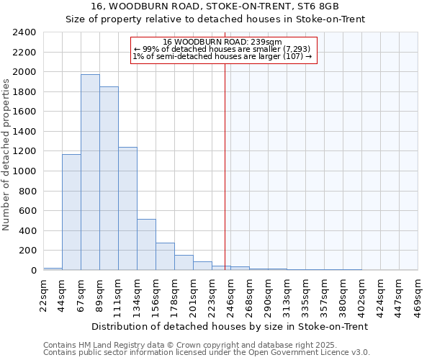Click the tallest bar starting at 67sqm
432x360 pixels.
click(90, 173)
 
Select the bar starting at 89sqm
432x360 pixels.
click(109, 179)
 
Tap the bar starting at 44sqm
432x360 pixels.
click(71, 212)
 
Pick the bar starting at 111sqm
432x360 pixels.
click(127, 209)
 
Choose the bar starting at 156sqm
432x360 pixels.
click(165, 256)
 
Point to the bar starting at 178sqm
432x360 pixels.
click(184, 263)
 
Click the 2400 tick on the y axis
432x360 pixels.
click(25, 32)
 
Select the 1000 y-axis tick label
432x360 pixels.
click(25, 171)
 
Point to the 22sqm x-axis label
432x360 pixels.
click(44, 294)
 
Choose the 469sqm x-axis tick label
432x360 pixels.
click(418, 294)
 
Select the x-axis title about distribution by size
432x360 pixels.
click(230, 326)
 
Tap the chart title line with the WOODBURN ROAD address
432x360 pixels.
click(215, 6)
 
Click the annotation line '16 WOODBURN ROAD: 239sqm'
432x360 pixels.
click(222, 42)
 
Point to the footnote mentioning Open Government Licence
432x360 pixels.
click(207, 353)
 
